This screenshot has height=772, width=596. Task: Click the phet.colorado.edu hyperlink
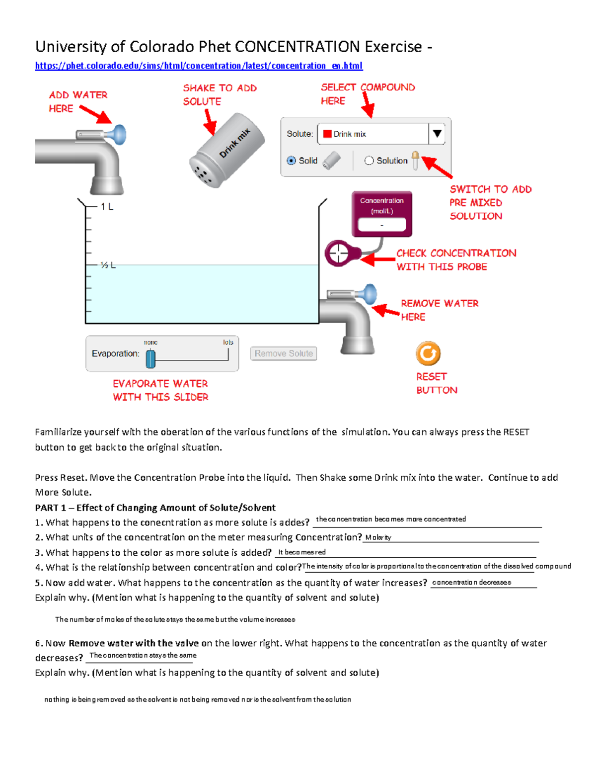[x=199, y=66]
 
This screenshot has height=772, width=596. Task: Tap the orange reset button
[x=428, y=353]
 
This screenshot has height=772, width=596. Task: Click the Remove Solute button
[x=284, y=353]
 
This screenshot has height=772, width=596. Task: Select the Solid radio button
[x=292, y=161]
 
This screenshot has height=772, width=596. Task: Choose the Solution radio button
[x=369, y=161]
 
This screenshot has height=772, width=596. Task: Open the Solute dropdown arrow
[x=437, y=134]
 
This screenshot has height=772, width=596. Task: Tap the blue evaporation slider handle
[x=150, y=358]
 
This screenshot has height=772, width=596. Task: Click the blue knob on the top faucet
[x=119, y=135]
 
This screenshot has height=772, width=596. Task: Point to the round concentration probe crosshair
[x=339, y=254]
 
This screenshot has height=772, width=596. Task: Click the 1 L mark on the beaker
[x=107, y=206]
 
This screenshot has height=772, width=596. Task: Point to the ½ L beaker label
[x=108, y=265]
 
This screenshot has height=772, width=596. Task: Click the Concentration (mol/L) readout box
[x=381, y=225]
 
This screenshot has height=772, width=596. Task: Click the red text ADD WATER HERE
[x=78, y=101]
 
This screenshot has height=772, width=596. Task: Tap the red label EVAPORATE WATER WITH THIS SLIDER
[x=160, y=390]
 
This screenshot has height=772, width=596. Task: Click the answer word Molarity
[x=378, y=537]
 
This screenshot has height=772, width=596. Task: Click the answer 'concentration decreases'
[x=471, y=582]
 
